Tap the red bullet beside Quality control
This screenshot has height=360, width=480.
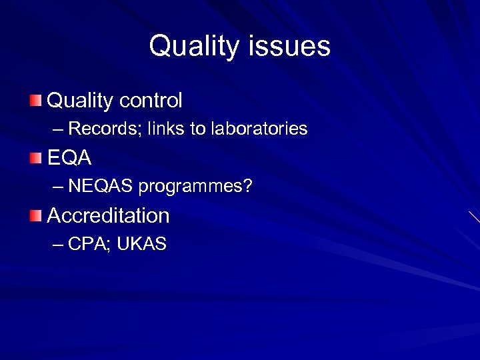tap(35, 101)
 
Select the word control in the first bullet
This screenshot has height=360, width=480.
tap(151, 101)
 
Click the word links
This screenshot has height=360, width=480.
tap(167, 129)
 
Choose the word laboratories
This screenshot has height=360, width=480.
tap(259, 129)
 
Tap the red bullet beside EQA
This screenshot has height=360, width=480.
tap(35, 158)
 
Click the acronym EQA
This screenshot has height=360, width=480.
tap(69, 158)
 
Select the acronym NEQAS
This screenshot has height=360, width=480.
tap(101, 187)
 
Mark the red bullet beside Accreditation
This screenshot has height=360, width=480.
tap(35, 215)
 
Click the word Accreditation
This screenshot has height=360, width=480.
tap(109, 215)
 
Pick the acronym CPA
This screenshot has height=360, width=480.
tap(88, 245)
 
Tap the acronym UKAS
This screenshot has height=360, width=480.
tap(141, 245)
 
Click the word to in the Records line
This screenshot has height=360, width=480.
tap(198, 129)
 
